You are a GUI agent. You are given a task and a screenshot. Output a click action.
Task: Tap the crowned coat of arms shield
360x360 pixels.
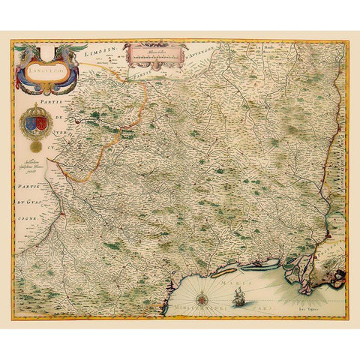(x=36, y=121)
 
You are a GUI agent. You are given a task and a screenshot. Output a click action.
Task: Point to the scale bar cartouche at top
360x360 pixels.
(x=156, y=54)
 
